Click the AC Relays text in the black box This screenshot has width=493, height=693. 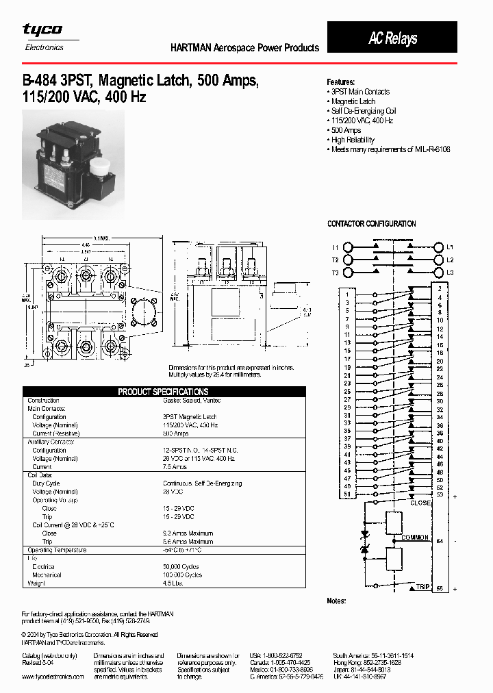[x=392, y=38]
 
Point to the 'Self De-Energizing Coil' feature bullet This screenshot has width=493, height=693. [x=363, y=111]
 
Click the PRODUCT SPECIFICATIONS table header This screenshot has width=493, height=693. [x=163, y=392]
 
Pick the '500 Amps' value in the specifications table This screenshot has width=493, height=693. [x=176, y=433]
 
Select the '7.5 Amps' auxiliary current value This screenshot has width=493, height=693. [x=175, y=467]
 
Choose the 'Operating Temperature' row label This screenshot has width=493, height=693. [x=57, y=550]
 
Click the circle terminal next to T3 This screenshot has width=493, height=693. [x=348, y=273]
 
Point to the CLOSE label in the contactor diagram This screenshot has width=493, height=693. [x=420, y=503]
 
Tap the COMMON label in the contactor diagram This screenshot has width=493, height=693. [x=416, y=538]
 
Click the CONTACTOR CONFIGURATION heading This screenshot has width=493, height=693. [x=372, y=224]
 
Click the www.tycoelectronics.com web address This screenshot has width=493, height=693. [x=53, y=676]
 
